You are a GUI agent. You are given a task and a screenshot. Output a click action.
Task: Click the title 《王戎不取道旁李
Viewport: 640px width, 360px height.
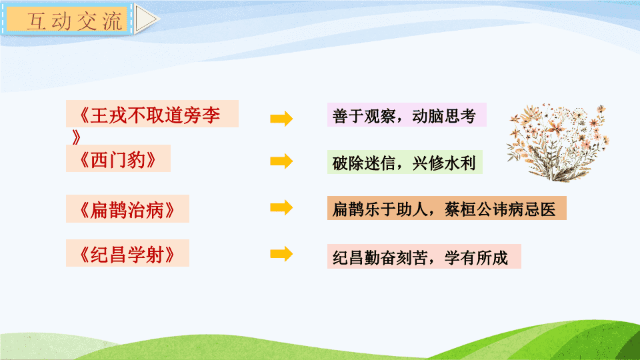coord(149,115)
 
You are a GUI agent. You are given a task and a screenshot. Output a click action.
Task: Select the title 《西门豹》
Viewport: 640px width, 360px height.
coord(117,159)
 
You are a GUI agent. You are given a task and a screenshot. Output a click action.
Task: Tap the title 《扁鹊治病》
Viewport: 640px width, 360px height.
coord(127,210)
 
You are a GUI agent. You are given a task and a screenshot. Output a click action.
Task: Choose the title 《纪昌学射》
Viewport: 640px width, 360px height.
coord(127,254)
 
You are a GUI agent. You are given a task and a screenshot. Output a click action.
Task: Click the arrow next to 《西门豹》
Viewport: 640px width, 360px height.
coord(281,161)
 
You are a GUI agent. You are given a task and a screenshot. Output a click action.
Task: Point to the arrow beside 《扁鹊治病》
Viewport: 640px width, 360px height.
coord(281,207)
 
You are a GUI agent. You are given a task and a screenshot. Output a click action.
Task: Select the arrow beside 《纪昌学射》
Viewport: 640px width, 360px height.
coord(281,254)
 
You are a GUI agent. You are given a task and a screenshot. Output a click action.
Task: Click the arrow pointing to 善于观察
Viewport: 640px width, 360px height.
coord(281,119)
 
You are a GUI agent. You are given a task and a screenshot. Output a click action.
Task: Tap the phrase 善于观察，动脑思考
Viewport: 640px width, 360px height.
coord(404,116)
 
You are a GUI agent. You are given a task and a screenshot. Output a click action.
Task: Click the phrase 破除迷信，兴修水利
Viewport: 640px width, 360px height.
coord(404,163)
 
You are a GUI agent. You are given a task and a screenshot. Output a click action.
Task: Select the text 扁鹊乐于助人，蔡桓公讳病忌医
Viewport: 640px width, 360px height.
coord(444,209)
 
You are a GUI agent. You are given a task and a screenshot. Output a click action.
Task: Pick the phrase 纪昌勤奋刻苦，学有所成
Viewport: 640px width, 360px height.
coord(420,257)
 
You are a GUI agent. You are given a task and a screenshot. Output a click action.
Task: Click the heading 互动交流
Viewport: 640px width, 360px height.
coord(74,21)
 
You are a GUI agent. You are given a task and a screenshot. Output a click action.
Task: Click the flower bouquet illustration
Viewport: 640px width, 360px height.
coord(557,143)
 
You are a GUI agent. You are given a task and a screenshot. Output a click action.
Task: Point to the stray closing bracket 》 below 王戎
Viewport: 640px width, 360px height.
coord(76,137)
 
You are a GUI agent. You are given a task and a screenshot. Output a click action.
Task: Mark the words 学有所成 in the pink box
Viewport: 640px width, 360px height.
coord(476,257)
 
